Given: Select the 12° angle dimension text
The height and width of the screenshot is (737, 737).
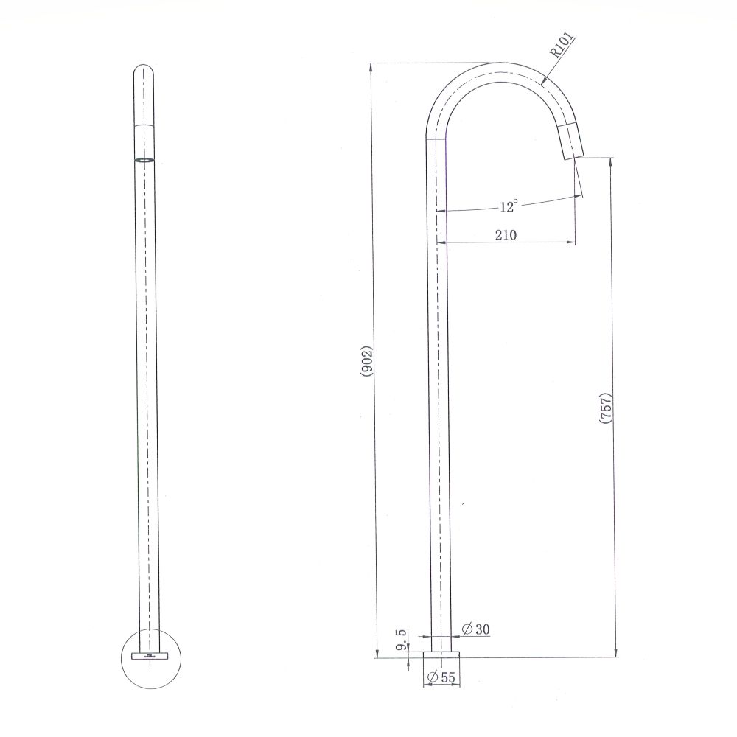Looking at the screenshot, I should point(509,207).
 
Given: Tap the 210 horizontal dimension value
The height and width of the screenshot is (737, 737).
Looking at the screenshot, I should point(506,235).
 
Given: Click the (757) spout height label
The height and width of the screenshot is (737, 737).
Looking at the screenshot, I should point(606,408).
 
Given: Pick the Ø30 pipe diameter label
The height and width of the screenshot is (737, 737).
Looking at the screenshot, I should point(475,629).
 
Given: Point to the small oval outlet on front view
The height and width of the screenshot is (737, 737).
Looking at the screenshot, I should point(145,158).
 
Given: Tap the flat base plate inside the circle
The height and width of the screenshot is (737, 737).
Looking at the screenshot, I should point(150,654).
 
